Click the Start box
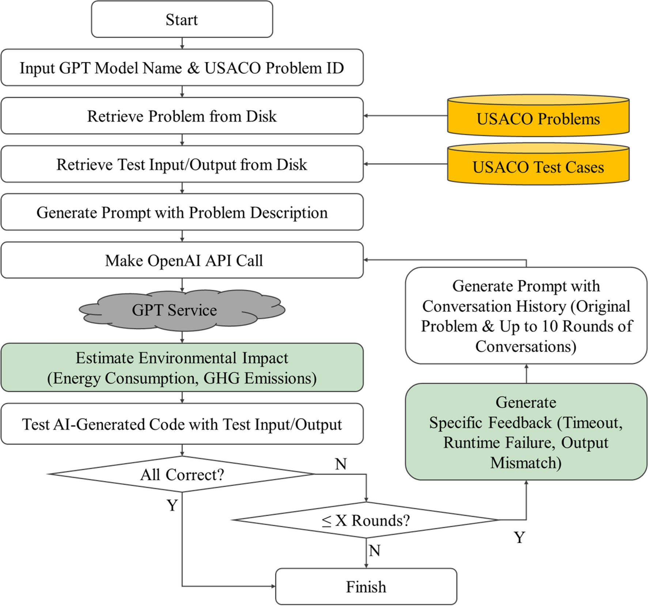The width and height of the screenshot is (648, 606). pyautogui.click(x=182, y=19)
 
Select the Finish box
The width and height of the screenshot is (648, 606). pyautogui.click(x=366, y=587)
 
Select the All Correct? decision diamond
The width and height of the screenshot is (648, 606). pyautogui.click(x=182, y=474)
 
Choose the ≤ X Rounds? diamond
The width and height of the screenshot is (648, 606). pyautogui.click(x=366, y=520)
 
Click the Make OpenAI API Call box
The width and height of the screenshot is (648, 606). pyautogui.click(x=182, y=260)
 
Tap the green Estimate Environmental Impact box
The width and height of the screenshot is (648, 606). pyautogui.click(x=182, y=368)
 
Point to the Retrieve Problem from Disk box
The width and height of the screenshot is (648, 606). pyautogui.click(x=182, y=116)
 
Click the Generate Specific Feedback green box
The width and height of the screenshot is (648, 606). pyautogui.click(x=526, y=432)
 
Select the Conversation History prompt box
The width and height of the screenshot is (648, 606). pyautogui.click(x=526, y=316)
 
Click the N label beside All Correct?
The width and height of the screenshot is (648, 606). pyautogui.click(x=341, y=464)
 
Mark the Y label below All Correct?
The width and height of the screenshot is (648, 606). pyautogui.click(x=172, y=505)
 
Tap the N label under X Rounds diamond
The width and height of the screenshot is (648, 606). pyautogui.click(x=375, y=551)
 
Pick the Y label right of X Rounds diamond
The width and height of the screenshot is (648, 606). pyautogui.click(x=519, y=537)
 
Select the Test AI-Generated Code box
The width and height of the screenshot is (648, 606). pyautogui.click(x=182, y=424)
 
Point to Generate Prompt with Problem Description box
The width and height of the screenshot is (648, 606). pyautogui.click(x=182, y=212)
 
